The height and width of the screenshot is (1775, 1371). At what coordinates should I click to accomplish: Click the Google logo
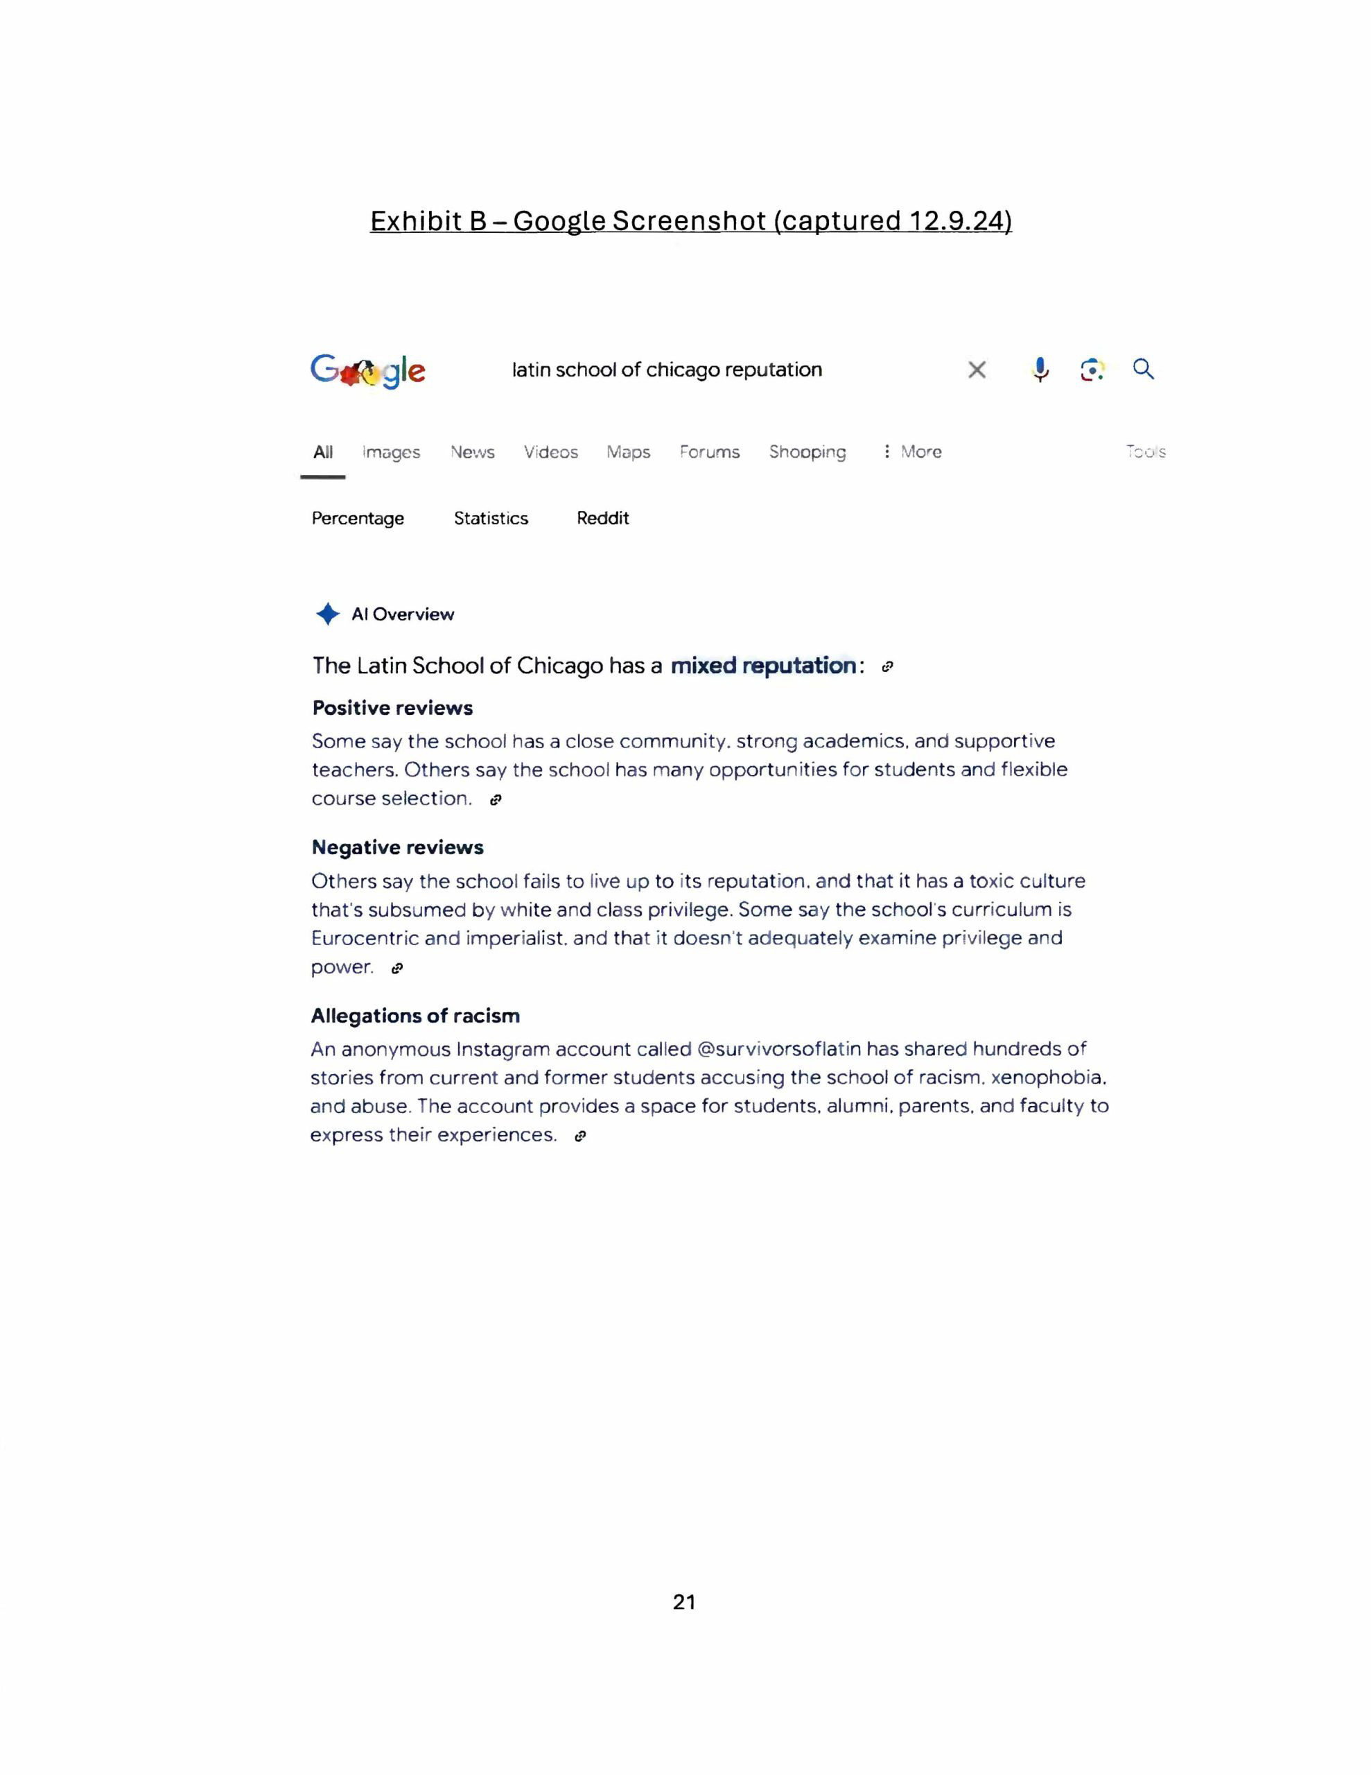[367, 371]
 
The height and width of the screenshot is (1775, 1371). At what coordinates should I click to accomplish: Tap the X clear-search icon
[977, 370]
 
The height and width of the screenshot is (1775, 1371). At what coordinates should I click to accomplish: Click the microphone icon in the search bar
[1040, 370]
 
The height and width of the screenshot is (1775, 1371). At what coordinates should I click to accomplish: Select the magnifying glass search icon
[1144, 369]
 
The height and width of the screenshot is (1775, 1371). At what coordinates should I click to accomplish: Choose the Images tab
[391, 452]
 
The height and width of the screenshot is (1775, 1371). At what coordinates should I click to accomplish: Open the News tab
[472, 452]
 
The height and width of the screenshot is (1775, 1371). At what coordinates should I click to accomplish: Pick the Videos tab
[550, 452]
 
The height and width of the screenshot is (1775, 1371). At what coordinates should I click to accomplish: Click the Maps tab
[628, 452]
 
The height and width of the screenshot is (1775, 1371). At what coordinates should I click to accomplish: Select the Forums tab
[710, 452]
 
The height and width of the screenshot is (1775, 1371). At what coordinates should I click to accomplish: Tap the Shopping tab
[807, 452]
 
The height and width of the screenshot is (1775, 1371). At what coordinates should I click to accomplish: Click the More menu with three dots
[913, 451]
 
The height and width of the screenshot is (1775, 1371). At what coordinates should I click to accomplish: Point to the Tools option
[1146, 451]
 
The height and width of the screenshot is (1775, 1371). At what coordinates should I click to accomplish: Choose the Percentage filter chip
[358, 519]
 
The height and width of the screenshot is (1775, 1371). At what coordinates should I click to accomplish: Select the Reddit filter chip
[602, 519]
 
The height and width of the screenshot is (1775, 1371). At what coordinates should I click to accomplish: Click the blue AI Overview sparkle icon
[328, 614]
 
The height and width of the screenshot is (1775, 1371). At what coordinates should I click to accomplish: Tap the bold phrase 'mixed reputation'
[763, 666]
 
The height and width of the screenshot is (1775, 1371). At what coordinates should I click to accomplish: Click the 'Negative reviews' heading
[397, 848]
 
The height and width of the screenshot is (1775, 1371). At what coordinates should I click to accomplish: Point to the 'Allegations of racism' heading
[415, 1016]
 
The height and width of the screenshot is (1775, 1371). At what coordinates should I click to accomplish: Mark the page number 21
[684, 1602]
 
